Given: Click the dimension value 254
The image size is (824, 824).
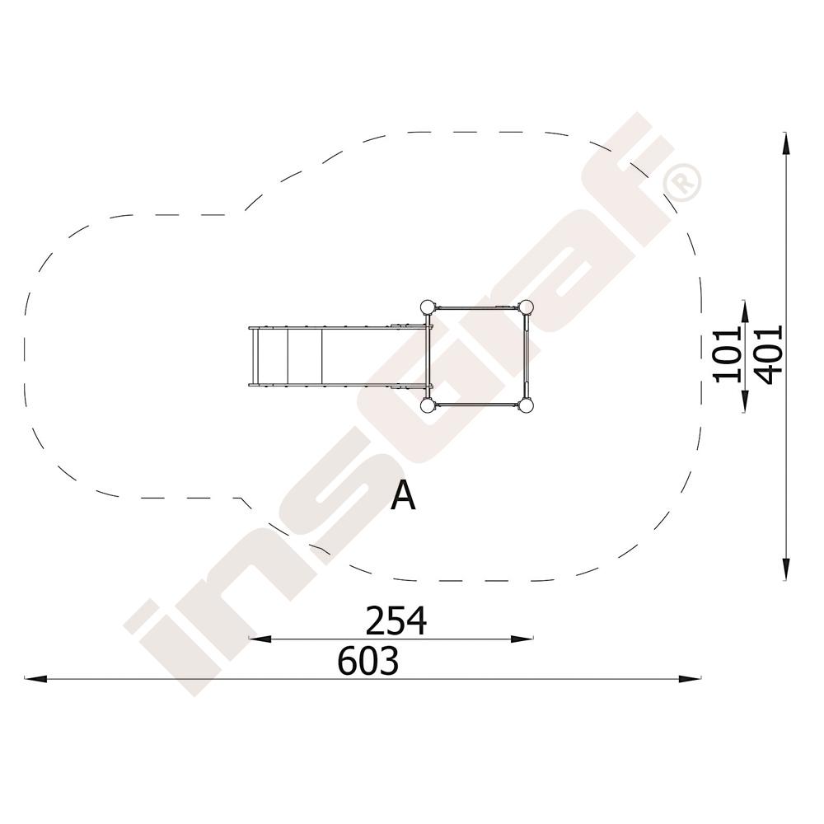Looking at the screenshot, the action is coord(396,620).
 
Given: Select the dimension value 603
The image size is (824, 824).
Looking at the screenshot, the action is coord(368,661).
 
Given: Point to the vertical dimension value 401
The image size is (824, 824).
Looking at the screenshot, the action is coord(768,354).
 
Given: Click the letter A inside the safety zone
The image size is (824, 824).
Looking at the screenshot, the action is coord(403,496).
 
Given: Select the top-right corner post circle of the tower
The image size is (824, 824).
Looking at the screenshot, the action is coord(526,307).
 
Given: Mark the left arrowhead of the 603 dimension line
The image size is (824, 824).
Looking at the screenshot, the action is coord(35,678).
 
